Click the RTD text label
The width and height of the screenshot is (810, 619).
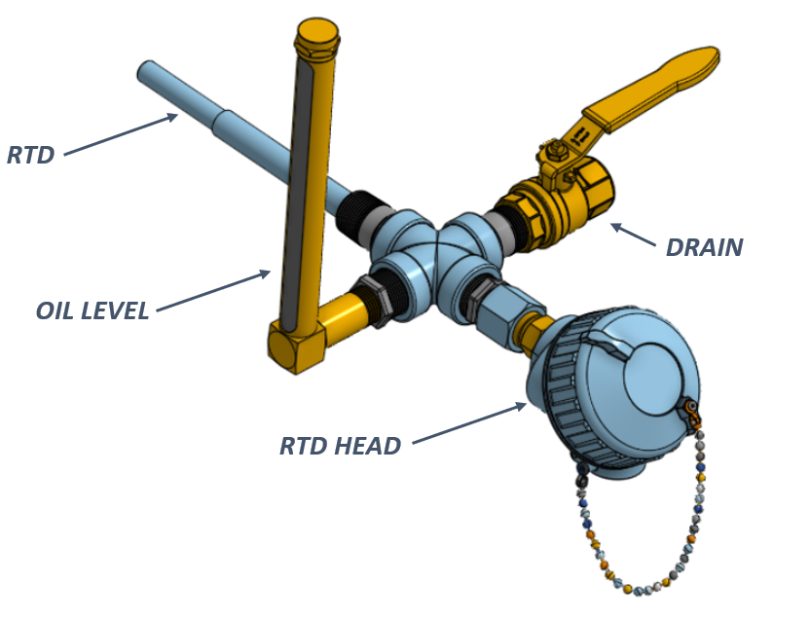30,155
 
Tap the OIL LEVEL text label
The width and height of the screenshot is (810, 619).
92,310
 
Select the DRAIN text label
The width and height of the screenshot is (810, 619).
704,247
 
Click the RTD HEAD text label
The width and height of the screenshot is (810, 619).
340,447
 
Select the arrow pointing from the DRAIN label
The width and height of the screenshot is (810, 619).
632,236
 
